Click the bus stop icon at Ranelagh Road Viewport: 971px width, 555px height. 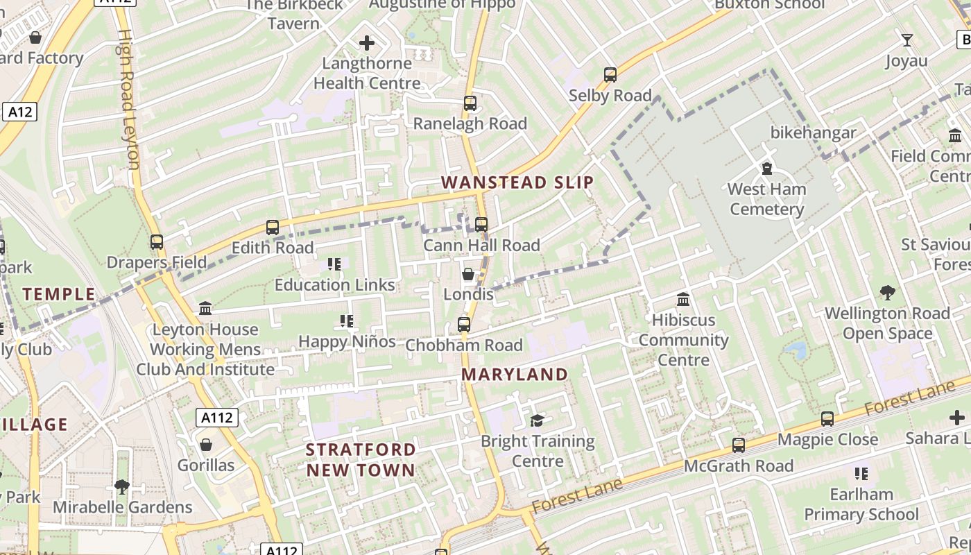(470, 103)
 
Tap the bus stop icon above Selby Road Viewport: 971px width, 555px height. (610, 75)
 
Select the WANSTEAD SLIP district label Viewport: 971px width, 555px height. (517, 182)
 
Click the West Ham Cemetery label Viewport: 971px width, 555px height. (766, 199)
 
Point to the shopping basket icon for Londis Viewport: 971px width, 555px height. (468, 275)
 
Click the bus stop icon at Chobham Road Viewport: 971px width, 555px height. (464, 325)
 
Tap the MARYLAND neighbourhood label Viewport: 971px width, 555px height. (515, 375)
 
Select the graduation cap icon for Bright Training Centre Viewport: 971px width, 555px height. (538, 421)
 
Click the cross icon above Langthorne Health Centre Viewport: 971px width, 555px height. (367, 44)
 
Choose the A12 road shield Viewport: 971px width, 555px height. (19, 112)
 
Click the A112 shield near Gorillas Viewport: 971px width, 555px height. (217, 418)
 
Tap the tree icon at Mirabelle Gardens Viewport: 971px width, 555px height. (122, 487)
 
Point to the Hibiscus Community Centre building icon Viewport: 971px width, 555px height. (683, 300)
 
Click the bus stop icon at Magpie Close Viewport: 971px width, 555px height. (827, 419)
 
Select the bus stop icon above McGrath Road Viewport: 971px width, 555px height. (739, 445)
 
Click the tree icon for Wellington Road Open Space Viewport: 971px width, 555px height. (887, 293)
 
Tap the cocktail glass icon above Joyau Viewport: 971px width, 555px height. (906, 40)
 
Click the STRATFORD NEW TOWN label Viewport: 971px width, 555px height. (361, 459)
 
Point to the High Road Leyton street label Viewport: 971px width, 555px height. (126, 99)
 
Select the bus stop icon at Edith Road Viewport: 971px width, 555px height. (273, 228)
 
